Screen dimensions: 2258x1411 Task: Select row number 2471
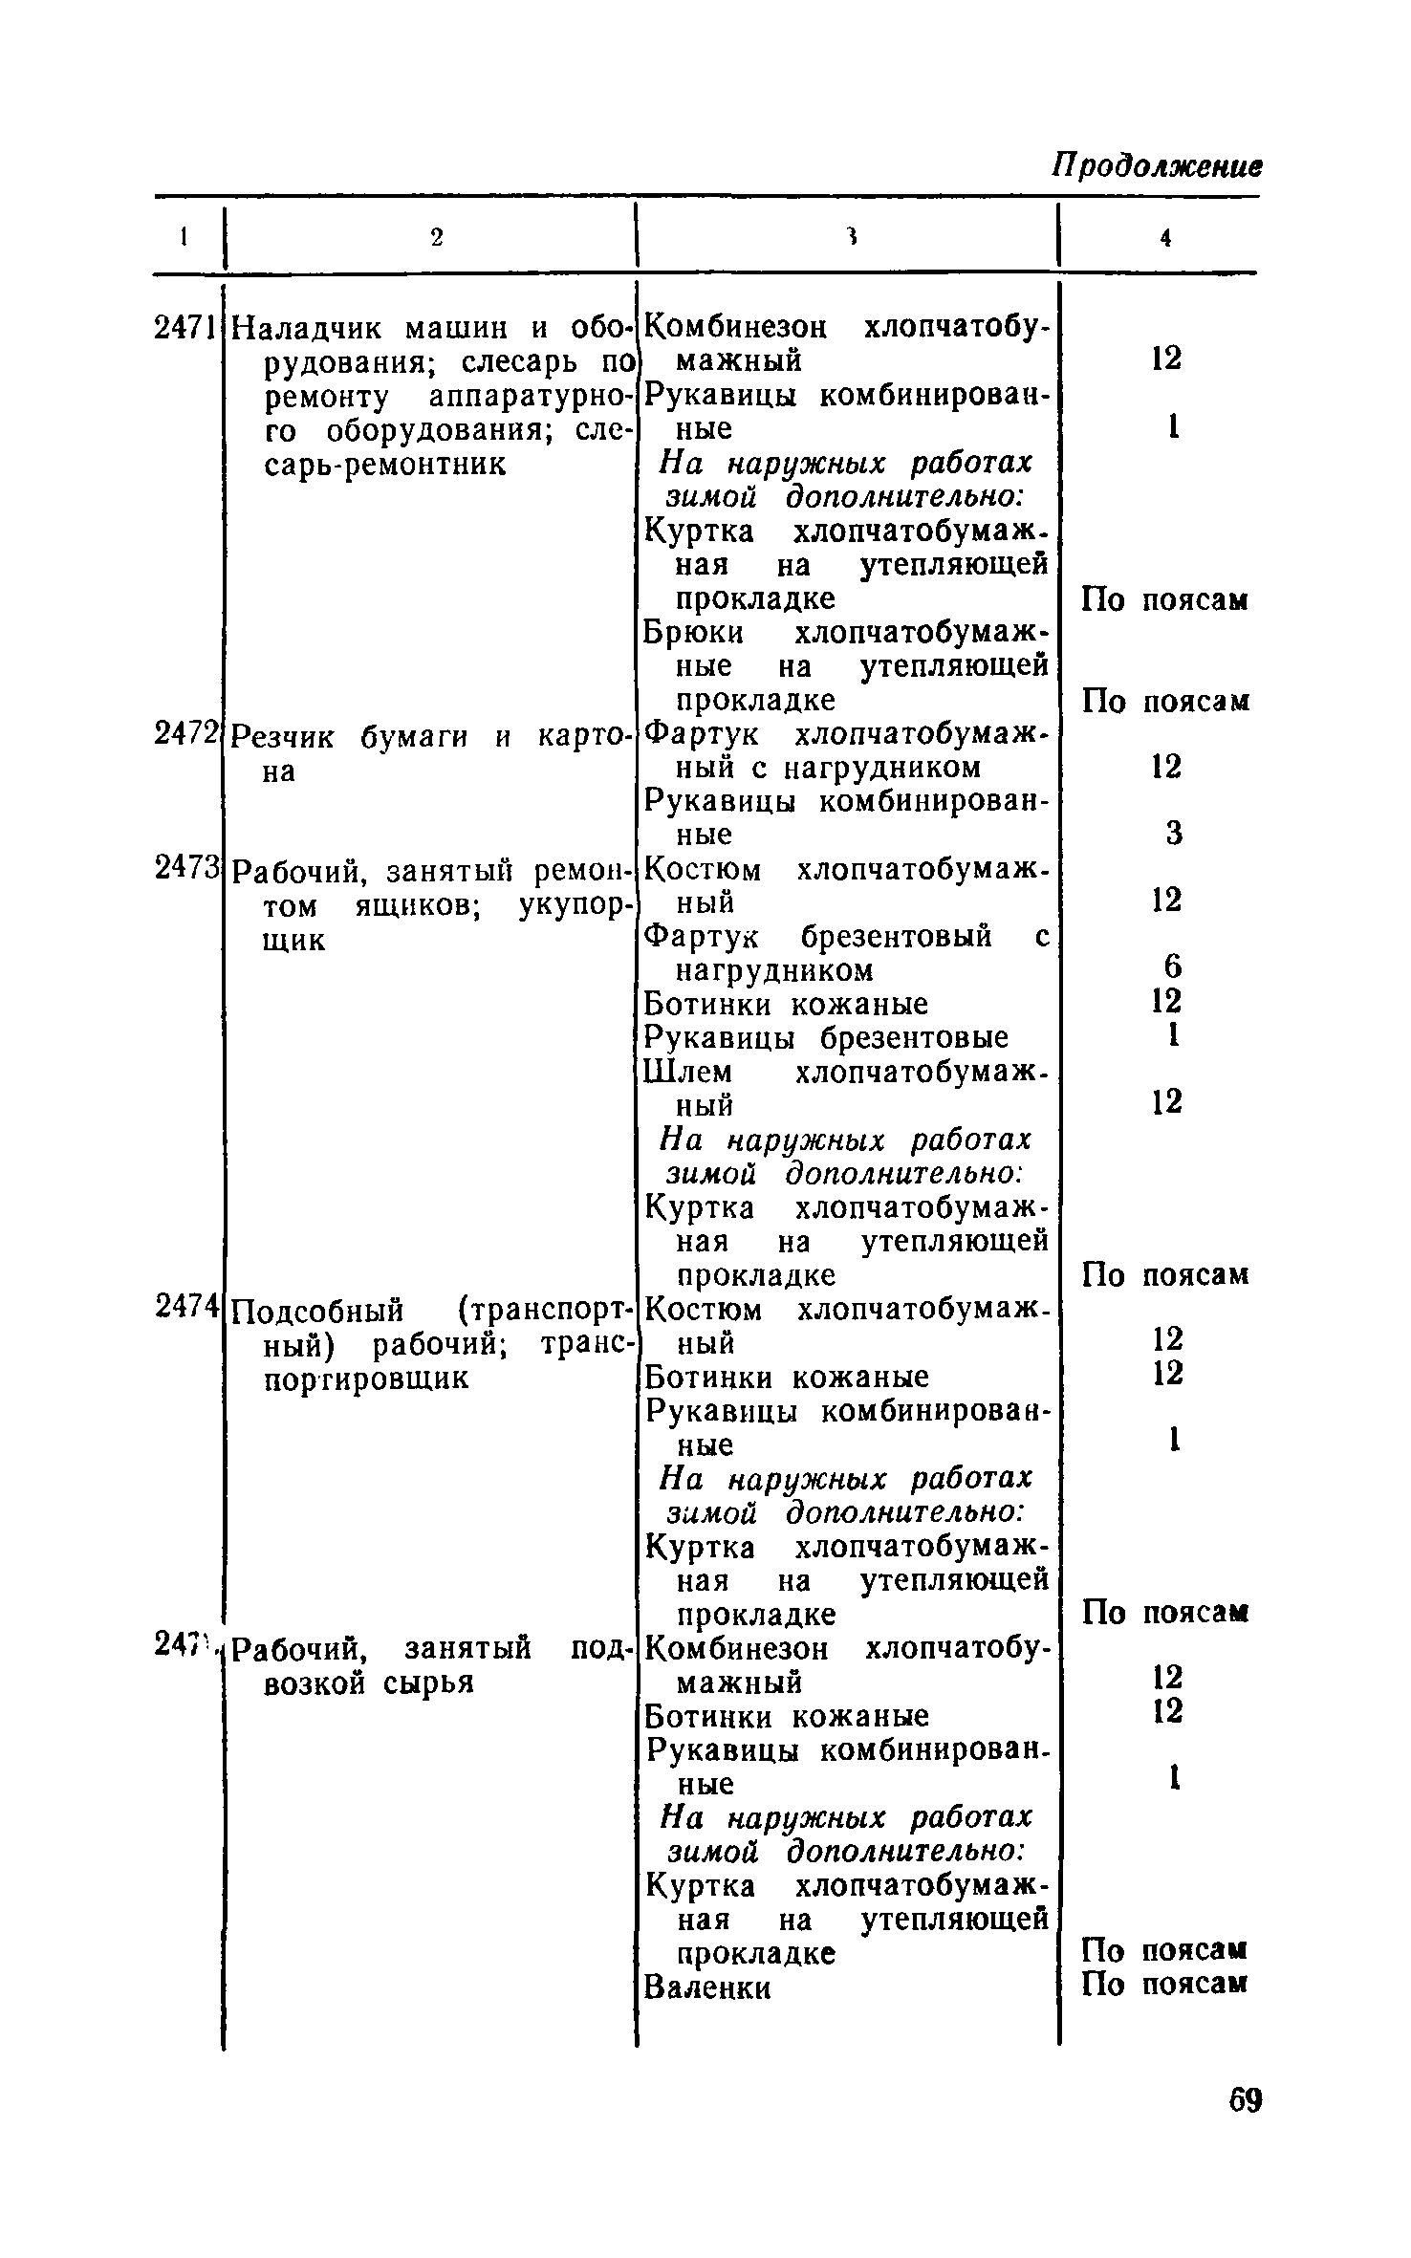(187, 328)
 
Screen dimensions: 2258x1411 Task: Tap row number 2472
(187, 734)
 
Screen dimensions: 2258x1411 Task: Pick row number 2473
(187, 870)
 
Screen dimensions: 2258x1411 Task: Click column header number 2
(436, 238)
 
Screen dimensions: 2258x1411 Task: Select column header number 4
(1165, 238)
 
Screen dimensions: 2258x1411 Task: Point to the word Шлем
(687, 1072)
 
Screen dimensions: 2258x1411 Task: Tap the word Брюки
(693, 633)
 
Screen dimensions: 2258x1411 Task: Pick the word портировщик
(365, 1378)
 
